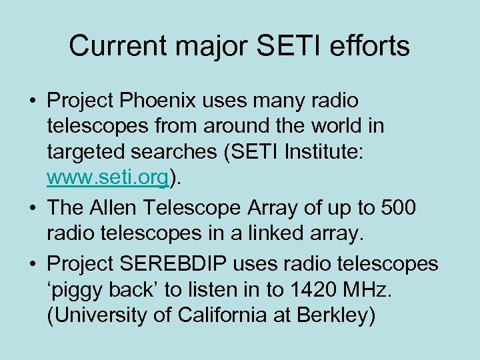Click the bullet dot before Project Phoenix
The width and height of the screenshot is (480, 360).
32,101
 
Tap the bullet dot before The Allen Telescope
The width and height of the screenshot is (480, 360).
32,209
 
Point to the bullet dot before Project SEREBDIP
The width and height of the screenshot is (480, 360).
32,265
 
